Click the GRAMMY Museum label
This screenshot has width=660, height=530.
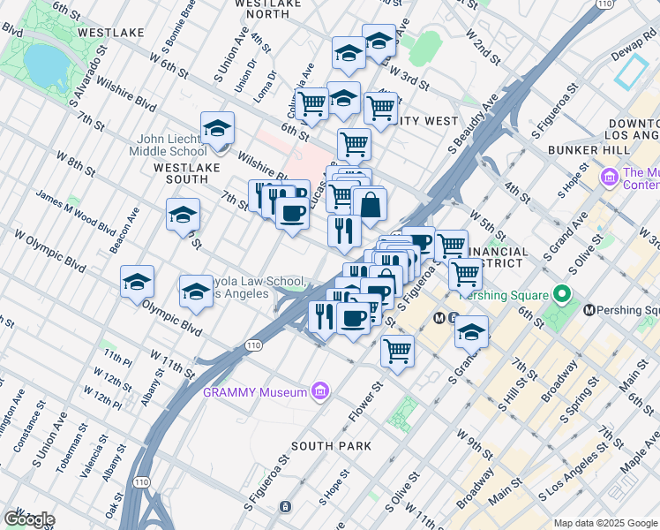point(255,392)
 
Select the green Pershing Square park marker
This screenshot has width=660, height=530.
point(559,296)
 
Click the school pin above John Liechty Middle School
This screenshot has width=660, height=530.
point(217,129)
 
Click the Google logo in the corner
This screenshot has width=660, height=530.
point(28,519)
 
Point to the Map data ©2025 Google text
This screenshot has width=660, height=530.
point(604,523)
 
